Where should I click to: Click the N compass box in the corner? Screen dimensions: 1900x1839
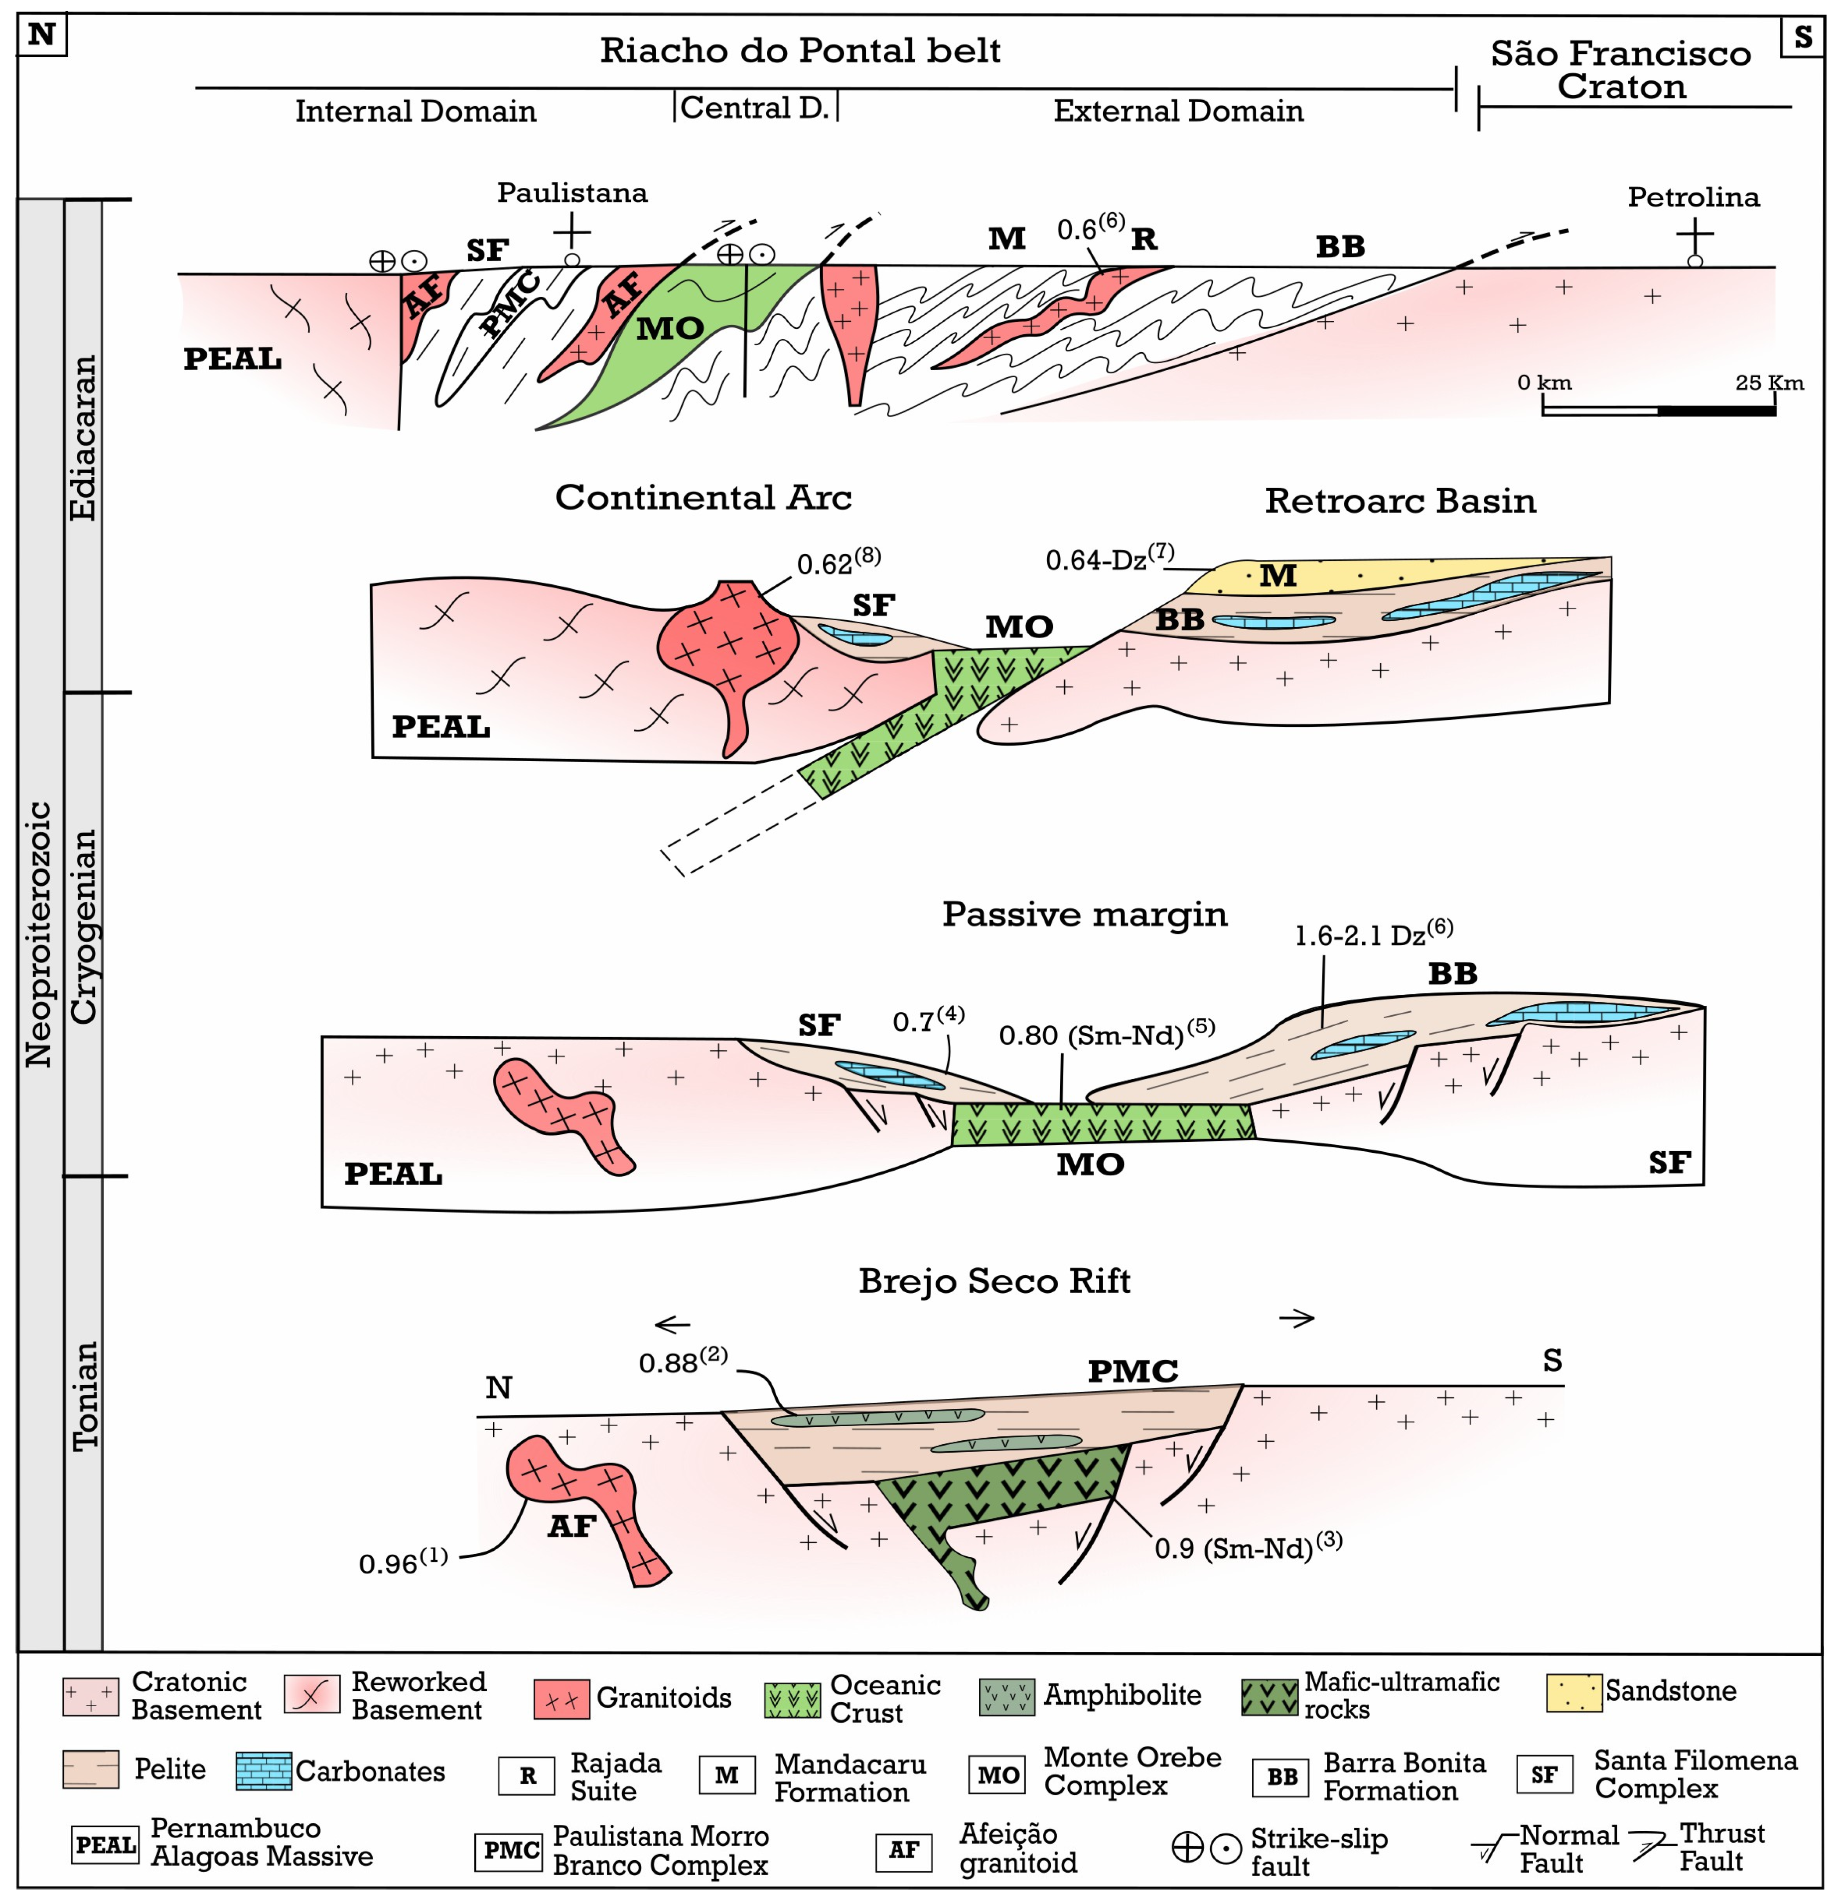coord(42,36)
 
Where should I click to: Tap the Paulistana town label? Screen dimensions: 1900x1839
coord(572,193)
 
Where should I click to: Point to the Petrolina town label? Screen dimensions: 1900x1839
coord(1693,198)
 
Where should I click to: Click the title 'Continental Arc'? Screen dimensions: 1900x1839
coord(703,497)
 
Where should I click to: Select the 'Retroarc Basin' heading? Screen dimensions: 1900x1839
coord(1400,501)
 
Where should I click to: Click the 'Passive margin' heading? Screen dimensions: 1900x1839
coord(1084,914)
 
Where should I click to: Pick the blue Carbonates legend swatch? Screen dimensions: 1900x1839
coord(263,1771)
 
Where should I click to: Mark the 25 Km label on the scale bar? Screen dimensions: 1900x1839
coord(1768,383)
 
